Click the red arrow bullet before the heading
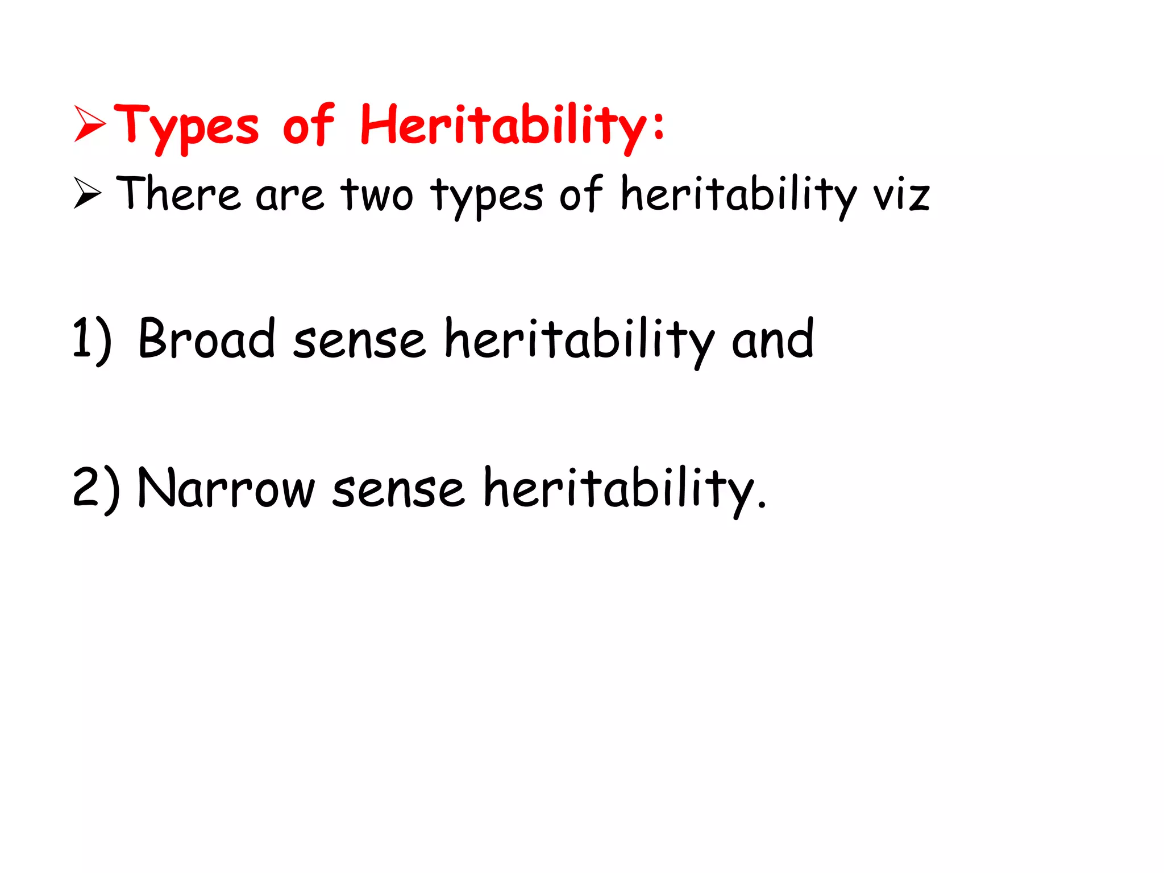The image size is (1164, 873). (x=90, y=123)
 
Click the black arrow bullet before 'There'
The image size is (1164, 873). (x=88, y=193)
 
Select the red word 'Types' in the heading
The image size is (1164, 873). (x=186, y=126)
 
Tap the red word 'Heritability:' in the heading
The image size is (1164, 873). (x=512, y=126)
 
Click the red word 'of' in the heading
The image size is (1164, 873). (x=308, y=125)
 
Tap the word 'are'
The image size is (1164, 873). (x=290, y=196)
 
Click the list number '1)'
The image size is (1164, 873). (x=92, y=340)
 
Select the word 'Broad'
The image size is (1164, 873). (x=206, y=339)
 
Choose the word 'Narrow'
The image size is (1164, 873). (x=226, y=488)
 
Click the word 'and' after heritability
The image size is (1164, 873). (x=773, y=339)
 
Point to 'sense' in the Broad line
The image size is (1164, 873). (x=359, y=340)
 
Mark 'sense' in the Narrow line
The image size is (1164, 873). (x=398, y=489)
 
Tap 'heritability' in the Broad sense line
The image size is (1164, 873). (x=579, y=340)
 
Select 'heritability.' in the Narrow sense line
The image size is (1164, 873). (x=625, y=489)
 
